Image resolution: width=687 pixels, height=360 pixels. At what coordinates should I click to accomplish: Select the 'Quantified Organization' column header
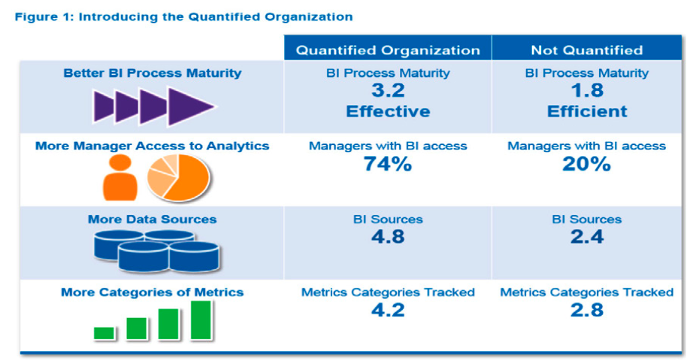388,50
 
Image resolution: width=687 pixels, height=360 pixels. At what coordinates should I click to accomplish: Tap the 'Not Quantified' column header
587,50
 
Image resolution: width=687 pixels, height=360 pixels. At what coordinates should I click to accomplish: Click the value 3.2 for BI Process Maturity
388,91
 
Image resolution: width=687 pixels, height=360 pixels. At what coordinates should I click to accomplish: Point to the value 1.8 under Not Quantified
587,91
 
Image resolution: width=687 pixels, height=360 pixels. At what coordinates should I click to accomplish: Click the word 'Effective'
388,111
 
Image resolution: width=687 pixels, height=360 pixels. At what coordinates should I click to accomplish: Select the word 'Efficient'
587,111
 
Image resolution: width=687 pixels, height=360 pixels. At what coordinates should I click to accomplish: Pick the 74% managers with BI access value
388,165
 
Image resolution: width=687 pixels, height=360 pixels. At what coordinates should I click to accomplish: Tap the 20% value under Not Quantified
587,165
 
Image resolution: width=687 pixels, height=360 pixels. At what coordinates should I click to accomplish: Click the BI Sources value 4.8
388,237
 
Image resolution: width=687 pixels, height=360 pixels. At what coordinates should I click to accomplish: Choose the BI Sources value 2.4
587,237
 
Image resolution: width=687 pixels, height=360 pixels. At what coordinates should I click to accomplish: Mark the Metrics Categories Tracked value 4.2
388,310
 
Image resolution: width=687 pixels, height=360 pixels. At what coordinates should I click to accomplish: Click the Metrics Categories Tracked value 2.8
587,310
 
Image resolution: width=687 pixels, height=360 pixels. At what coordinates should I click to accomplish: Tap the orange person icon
120,178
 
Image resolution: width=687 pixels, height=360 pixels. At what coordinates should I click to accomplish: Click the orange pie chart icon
178,178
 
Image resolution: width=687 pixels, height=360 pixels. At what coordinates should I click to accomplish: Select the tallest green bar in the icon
201,320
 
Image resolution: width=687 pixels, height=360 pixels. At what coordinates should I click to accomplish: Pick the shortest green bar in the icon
104,333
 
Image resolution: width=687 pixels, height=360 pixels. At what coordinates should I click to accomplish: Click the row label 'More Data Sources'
152,219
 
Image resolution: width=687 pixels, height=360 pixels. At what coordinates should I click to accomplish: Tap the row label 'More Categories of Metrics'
152,292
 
